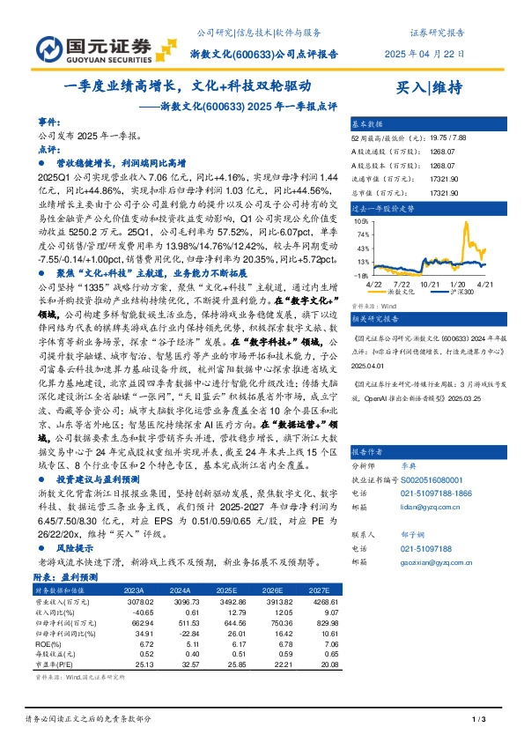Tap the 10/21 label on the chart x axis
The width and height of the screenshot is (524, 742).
430,284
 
